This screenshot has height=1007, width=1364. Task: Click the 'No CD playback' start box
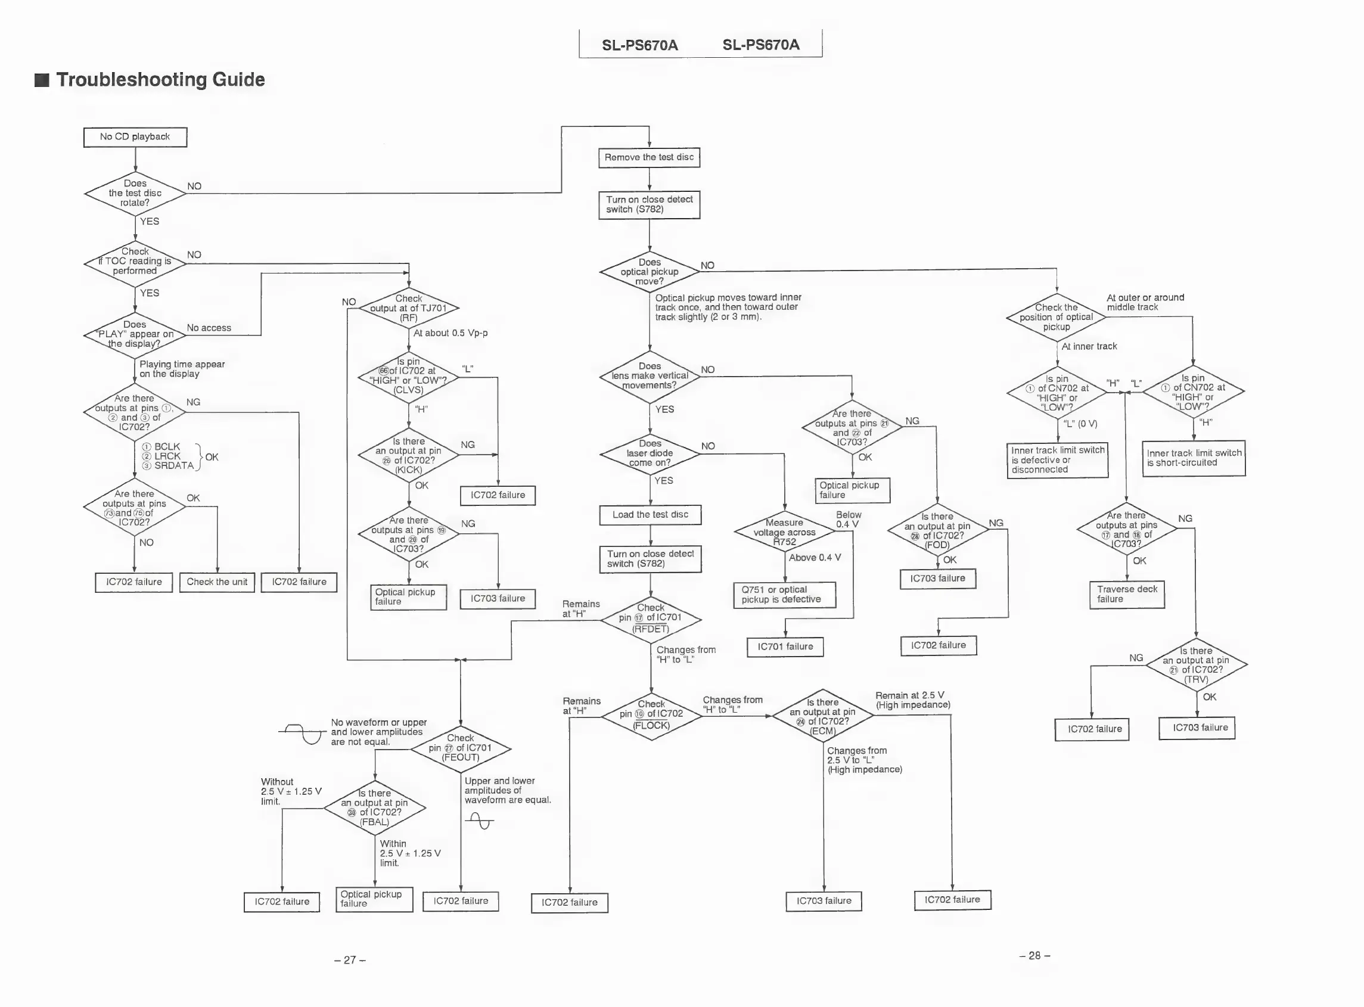coord(135,137)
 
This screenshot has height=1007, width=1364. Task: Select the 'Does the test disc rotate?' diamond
coord(135,193)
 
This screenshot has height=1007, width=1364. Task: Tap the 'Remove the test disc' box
coord(649,157)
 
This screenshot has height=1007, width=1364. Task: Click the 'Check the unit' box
coord(217,582)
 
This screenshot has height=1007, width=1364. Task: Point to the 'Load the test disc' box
coord(650,515)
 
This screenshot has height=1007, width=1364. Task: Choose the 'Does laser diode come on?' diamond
coord(650,453)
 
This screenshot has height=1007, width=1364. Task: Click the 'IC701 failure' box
coord(785,647)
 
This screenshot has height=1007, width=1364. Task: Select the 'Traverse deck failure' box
coord(1127,594)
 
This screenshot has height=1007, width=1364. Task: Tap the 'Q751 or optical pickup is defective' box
coord(784,595)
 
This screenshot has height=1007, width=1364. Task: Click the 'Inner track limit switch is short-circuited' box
coord(1194,458)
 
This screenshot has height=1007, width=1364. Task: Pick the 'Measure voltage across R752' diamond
coord(784,532)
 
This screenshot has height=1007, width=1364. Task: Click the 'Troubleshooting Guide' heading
coord(160,80)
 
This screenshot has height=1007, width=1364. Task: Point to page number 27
coord(350,960)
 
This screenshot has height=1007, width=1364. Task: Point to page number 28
coord(1035,956)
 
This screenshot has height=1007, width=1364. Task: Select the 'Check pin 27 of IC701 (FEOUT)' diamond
coord(460,748)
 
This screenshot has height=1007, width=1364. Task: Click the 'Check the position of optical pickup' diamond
coord(1056,318)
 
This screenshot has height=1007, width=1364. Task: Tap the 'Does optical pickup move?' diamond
coord(650,272)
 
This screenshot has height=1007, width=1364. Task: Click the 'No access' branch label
coord(209,328)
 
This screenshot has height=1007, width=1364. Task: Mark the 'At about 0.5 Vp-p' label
coord(450,334)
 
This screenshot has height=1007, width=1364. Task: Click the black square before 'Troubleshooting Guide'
coord(42,80)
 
